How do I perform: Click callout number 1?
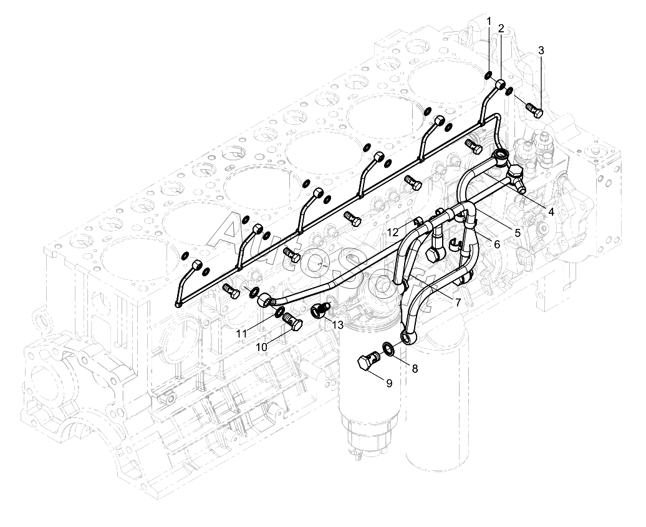coord(489,22)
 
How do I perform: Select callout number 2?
coord(501,29)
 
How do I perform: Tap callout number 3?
coord(541,50)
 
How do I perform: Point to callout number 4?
coord(551,211)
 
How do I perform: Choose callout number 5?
coord(517,232)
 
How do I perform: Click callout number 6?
coord(496,244)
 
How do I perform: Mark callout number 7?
coord(458,302)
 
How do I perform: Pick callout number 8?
coord(415,368)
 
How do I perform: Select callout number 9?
coord(388,383)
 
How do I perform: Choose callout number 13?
coord(337,324)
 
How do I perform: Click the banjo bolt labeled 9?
coord(367,362)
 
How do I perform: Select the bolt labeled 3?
coord(533,110)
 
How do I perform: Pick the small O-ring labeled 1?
coord(488,76)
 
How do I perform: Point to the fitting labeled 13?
coord(321,309)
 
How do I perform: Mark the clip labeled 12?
coord(419,220)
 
